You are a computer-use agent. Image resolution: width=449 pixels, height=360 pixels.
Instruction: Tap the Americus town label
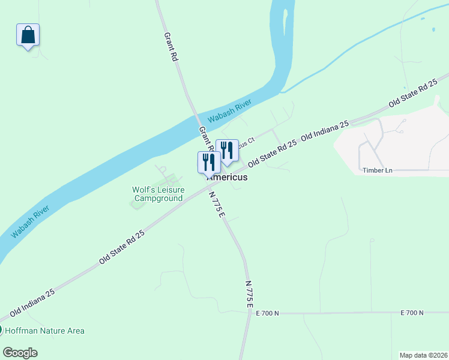(228, 178)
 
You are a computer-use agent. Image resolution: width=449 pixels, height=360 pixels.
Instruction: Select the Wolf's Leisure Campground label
(158, 194)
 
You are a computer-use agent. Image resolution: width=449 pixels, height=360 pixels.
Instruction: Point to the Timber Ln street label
(377, 170)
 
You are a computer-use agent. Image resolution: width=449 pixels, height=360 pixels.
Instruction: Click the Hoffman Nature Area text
(45, 331)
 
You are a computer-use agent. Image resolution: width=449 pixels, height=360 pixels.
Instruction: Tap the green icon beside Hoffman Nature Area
(1, 331)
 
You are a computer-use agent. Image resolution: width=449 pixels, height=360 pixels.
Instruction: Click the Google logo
(20, 352)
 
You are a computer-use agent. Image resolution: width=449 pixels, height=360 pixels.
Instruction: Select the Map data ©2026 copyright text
(423, 355)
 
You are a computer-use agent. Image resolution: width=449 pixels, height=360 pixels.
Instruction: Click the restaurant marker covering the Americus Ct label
(227, 151)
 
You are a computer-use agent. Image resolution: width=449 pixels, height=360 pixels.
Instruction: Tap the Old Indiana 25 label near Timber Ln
(325, 130)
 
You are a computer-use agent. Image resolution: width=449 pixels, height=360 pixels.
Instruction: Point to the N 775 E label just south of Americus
(217, 205)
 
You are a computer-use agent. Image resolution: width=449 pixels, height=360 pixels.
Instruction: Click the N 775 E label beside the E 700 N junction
(249, 294)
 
